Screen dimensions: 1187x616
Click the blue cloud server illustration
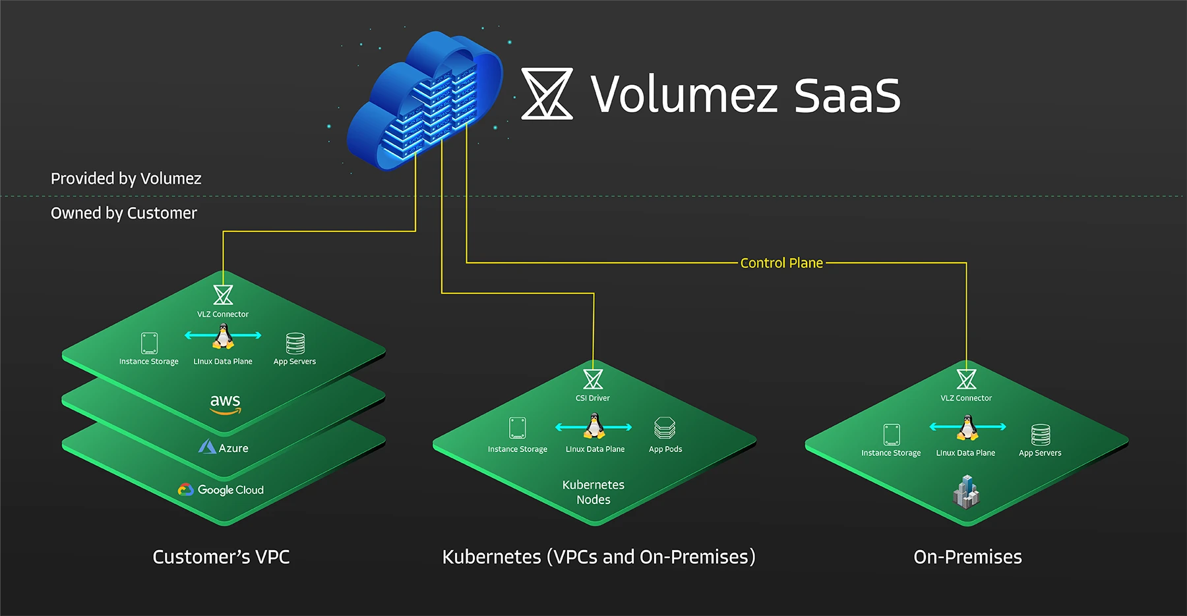click(x=425, y=100)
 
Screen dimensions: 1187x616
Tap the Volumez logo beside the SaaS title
click(x=547, y=94)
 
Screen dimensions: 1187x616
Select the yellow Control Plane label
click(x=781, y=263)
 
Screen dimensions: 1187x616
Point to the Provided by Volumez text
click(x=126, y=179)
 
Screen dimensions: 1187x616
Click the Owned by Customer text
click(x=124, y=213)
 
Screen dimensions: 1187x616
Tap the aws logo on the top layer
click(x=226, y=403)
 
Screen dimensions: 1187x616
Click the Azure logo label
click(x=224, y=447)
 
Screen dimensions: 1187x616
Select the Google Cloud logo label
click(x=221, y=490)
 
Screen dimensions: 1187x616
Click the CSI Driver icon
click(x=593, y=379)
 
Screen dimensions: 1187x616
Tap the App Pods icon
click(x=665, y=428)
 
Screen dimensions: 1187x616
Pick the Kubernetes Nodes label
click(x=593, y=492)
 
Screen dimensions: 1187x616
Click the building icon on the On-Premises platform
click(x=966, y=491)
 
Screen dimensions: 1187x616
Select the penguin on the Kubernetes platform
click(x=594, y=426)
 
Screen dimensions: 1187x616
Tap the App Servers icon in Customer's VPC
click(x=295, y=343)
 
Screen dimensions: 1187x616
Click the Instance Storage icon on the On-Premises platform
click(x=892, y=435)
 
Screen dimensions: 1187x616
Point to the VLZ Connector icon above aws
click(x=223, y=294)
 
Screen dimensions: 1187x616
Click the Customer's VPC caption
click(x=221, y=557)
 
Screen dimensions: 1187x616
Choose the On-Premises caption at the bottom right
click(x=967, y=557)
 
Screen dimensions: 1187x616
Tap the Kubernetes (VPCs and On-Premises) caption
click(x=599, y=557)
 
